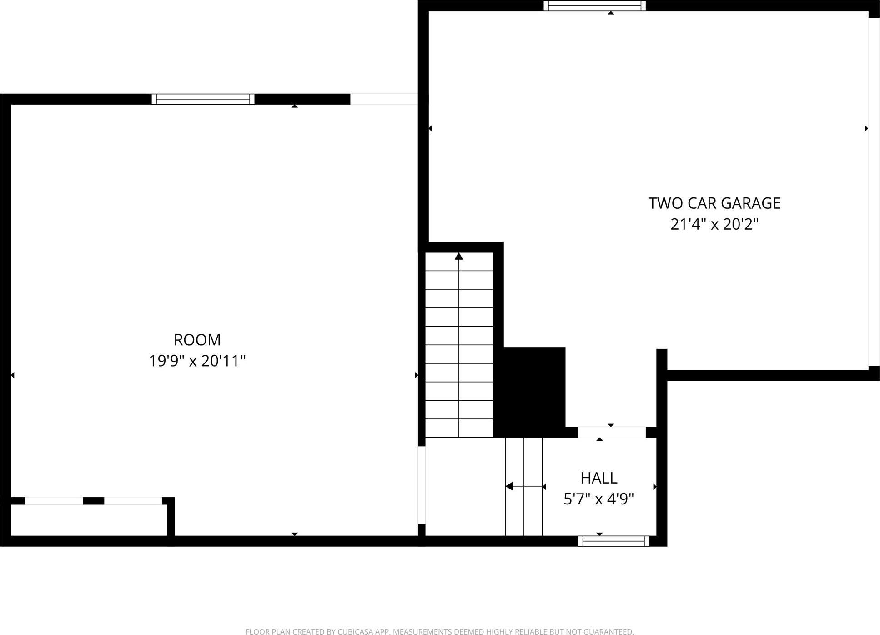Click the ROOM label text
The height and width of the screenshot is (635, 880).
click(197, 340)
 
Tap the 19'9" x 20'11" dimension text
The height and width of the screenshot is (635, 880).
click(197, 361)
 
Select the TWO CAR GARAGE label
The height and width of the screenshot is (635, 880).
click(714, 203)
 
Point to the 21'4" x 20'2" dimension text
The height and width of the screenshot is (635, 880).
click(714, 224)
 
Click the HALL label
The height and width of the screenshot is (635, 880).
click(598, 478)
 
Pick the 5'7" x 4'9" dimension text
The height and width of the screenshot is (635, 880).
click(598, 499)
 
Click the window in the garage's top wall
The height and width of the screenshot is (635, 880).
click(594, 6)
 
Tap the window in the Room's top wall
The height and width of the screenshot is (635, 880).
click(203, 99)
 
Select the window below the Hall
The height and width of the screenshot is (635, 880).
click(613, 541)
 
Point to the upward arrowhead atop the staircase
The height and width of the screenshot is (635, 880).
click(459, 257)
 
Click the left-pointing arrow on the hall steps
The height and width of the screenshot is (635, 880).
click(510, 487)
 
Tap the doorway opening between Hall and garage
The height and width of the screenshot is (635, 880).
click(612, 432)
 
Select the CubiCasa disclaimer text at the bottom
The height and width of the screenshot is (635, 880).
click(439, 631)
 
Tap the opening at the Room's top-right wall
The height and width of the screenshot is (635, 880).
click(384, 99)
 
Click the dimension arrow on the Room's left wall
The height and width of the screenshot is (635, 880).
click(13, 375)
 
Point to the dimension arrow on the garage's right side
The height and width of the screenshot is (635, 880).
click(866, 129)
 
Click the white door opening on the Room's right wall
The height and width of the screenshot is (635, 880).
click(422, 485)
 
